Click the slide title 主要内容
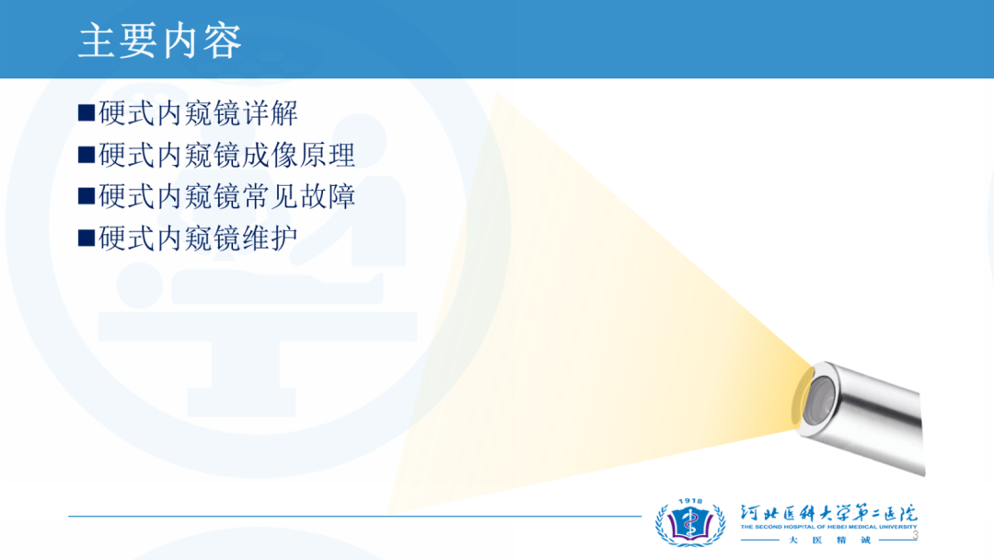tap(160, 41)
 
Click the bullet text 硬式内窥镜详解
tap(199, 113)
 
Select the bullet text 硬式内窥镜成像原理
tap(227, 156)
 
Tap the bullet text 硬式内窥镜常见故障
tap(227, 196)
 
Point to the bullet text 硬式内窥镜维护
tap(199, 239)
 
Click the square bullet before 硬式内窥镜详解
tap(87, 113)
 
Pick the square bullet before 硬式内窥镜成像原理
tap(87, 155)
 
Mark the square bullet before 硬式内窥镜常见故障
tap(87, 196)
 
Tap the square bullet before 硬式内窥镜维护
tap(87, 238)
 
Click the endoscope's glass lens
tap(818, 400)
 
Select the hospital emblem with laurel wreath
tap(690, 524)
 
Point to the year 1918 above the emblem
tap(690, 501)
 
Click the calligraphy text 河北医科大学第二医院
tap(828, 513)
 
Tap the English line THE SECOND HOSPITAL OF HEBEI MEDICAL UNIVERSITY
tap(828, 527)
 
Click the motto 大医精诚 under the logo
tap(830, 541)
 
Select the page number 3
tap(915, 536)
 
